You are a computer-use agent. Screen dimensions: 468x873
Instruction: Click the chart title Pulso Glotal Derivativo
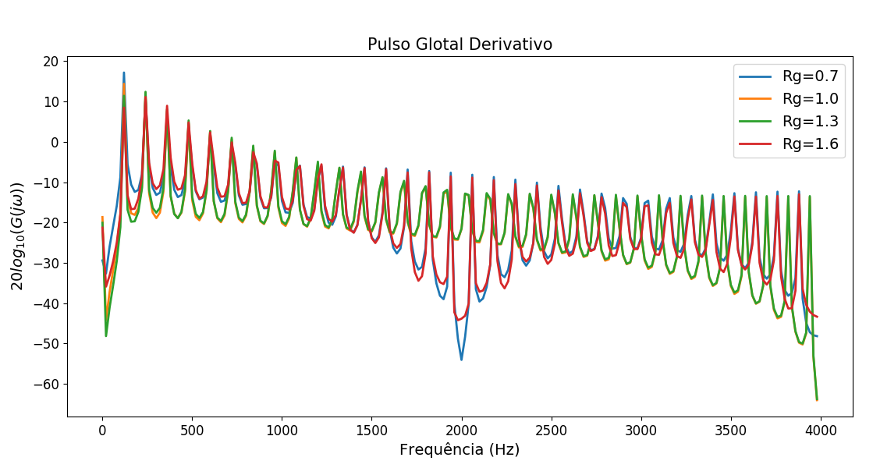click(x=460, y=44)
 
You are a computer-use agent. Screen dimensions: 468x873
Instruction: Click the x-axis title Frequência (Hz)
click(x=460, y=450)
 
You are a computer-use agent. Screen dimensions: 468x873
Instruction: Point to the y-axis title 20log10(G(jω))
click(x=18, y=236)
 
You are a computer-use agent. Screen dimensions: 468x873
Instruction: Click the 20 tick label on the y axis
click(x=51, y=62)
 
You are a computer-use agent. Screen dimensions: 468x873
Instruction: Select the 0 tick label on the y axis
click(x=55, y=142)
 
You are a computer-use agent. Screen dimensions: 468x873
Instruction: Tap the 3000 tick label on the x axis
click(x=641, y=429)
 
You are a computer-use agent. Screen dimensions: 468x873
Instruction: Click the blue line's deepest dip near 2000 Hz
click(x=461, y=360)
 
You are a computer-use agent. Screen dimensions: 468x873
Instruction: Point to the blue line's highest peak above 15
click(x=123, y=73)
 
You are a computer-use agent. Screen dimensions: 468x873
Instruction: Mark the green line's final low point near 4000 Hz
click(x=817, y=399)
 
